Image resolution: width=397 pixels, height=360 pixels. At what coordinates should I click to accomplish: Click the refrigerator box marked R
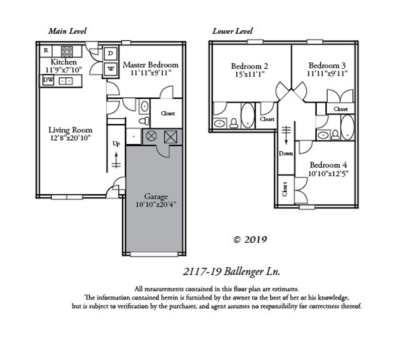click(x=46, y=51)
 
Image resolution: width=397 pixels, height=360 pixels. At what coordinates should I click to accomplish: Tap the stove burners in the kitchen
click(x=67, y=51)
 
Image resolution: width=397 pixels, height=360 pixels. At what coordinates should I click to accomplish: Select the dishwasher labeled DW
click(x=48, y=80)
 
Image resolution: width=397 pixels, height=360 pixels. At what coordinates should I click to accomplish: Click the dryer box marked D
click(x=110, y=53)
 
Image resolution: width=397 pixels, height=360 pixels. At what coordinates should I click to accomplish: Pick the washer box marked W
click(x=111, y=69)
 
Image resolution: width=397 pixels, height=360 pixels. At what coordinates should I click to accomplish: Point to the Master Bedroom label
click(x=150, y=65)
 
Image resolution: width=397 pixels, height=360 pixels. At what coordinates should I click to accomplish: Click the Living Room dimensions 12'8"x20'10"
click(x=70, y=138)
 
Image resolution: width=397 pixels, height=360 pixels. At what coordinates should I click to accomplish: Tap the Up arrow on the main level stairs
click(x=116, y=160)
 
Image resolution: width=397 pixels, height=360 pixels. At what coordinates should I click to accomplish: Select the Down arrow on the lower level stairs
click(x=286, y=135)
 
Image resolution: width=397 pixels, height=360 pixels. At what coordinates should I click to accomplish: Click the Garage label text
click(x=156, y=197)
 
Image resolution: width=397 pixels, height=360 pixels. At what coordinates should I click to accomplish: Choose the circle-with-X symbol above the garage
click(x=151, y=136)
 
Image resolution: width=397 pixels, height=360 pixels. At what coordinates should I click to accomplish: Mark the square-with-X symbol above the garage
click(x=170, y=137)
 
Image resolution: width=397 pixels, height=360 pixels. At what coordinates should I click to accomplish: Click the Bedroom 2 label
click(x=250, y=66)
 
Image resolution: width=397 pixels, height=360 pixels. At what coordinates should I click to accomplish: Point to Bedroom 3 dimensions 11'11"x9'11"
click(x=327, y=74)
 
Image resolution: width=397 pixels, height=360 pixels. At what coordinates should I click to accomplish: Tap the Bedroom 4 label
click(x=328, y=165)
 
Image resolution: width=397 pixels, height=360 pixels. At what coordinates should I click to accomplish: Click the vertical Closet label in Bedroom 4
click(x=285, y=189)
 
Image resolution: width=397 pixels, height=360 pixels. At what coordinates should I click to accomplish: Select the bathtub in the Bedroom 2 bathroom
click(x=247, y=115)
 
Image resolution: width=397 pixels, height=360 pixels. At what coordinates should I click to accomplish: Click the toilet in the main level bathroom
click(x=144, y=121)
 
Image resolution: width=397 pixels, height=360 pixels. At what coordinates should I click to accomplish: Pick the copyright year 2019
click(x=256, y=240)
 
